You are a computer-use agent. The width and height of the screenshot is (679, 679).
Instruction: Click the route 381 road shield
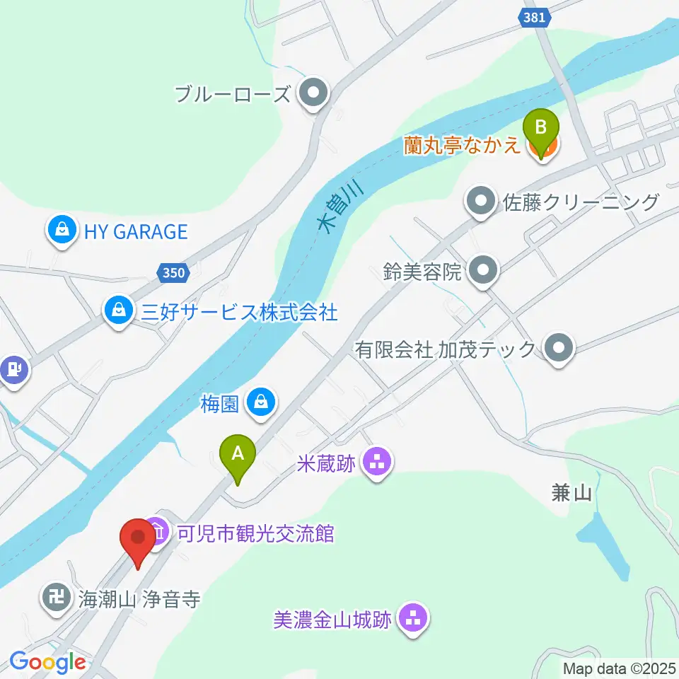click(x=535, y=18)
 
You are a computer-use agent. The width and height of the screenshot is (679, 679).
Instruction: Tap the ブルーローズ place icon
click(x=311, y=94)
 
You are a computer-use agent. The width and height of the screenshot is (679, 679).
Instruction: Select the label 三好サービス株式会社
click(x=239, y=312)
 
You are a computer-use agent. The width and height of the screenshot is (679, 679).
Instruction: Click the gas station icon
click(x=13, y=369)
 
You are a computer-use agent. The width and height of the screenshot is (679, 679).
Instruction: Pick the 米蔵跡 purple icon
click(x=376, y=463)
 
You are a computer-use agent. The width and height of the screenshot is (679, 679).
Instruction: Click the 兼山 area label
click(x=571, y=494)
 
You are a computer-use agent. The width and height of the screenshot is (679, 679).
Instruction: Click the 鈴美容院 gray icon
click(x=484, y=270)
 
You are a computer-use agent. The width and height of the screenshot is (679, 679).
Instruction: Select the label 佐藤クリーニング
click(x=580, y=202)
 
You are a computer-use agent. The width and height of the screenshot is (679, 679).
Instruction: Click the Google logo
click(x=47, y=663)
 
